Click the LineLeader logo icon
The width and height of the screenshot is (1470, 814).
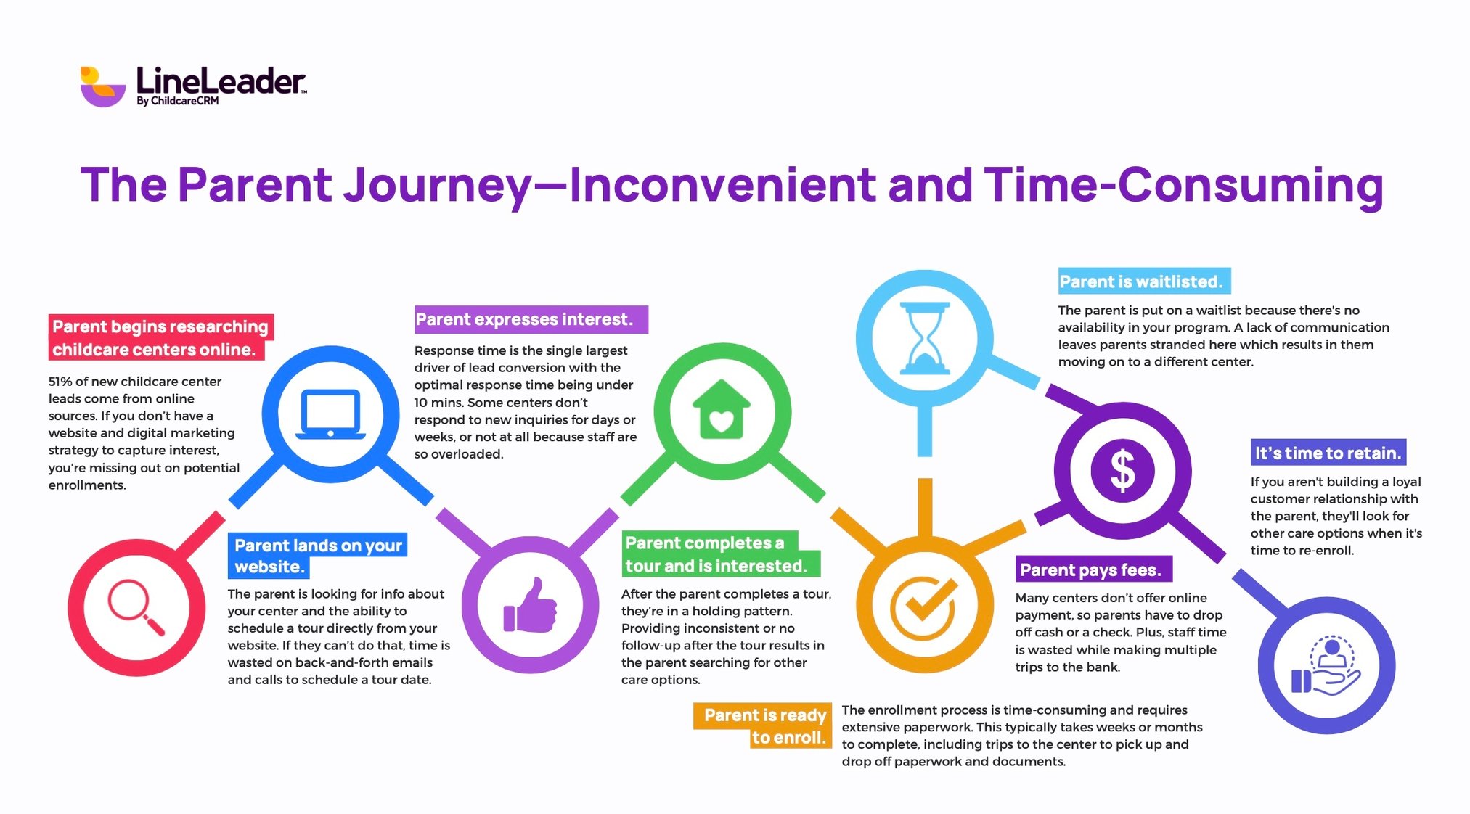pyautogui.click(x=102, y=86)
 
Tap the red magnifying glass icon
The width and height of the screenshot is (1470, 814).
pyautogui.click(x=136, y=607)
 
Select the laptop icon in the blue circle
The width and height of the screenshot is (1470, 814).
pyautogui.click(x=330, y=414)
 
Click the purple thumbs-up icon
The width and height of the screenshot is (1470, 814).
pyautogui.click(x=530, y=605)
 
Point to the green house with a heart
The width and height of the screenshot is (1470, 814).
pyautogui.click(x=722, y=411)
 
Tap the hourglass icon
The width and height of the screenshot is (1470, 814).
pyautogui.click(x=924, y=338)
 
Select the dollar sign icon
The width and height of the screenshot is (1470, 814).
pyautogui.click(x=1122, y=470)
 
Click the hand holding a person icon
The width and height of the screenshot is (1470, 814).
pyautogui.click(x=1326, y=665)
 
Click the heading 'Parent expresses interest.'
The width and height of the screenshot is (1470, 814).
pyautogui.click(x=524, y=319)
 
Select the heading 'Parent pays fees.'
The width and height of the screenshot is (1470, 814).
pyautogui.click(x=1090, y=570)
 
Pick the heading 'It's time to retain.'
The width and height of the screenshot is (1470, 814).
pyautogui.click(x=1328, y=453)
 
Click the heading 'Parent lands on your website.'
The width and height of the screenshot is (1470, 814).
pyautogui.click(x=317, y=555)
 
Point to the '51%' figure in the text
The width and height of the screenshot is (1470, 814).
pyautogui.click(x=61, y=382)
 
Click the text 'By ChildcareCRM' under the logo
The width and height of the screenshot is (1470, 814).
pyautogui.click(x=178, y=101)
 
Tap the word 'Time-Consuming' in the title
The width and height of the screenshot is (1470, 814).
pyautogui.click(x=1183, y=185)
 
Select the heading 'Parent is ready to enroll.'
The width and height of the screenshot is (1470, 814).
pyautogui.click(x=764, y=725)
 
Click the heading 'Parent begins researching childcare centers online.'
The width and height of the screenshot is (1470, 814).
pyautogui.click(x=160, y=337)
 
